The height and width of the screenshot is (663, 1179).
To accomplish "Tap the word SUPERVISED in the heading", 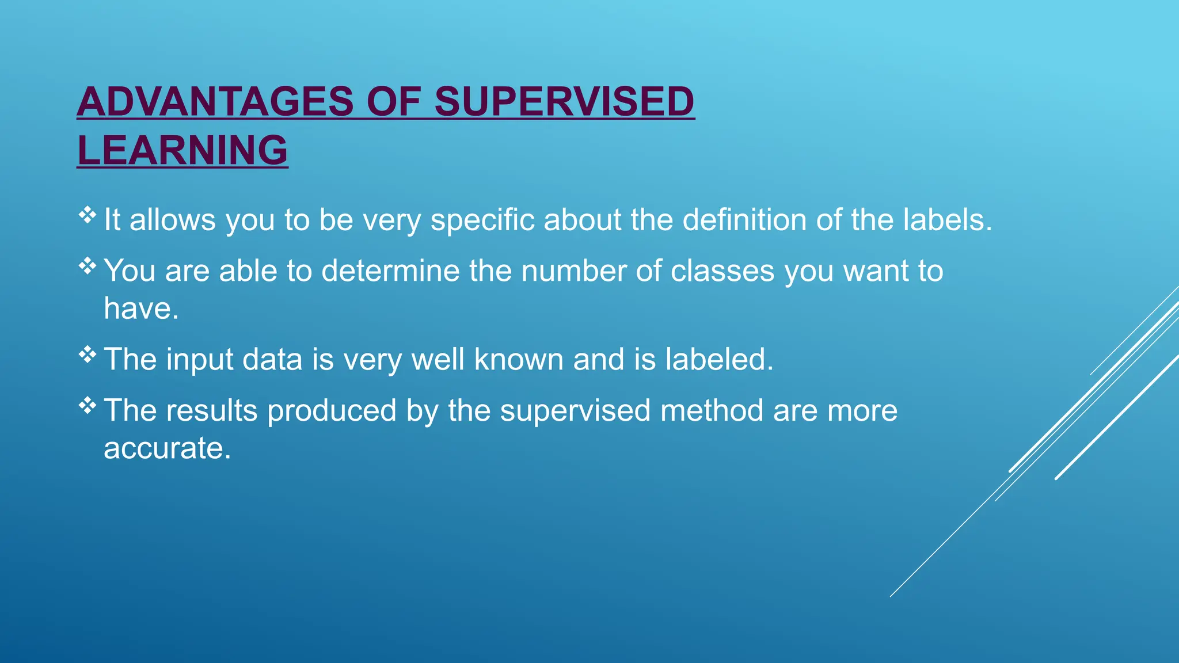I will [564, 102].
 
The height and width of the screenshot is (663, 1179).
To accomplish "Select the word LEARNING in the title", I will [182, 150].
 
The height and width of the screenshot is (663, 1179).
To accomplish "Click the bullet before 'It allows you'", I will [88, 215].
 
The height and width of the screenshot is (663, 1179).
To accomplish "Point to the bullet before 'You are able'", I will [88, 266].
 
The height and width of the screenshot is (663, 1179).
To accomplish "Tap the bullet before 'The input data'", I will [88, 355].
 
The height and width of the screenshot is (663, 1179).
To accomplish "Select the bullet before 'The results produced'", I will [88, 406].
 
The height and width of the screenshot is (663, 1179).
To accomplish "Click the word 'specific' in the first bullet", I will [482, 220].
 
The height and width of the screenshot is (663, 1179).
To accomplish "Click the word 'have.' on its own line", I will [142, 308].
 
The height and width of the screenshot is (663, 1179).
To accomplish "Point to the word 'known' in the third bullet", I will [519, 360].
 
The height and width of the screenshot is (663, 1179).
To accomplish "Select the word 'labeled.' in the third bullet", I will [719, 360].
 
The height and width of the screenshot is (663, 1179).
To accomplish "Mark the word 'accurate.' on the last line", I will [167, 448].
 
